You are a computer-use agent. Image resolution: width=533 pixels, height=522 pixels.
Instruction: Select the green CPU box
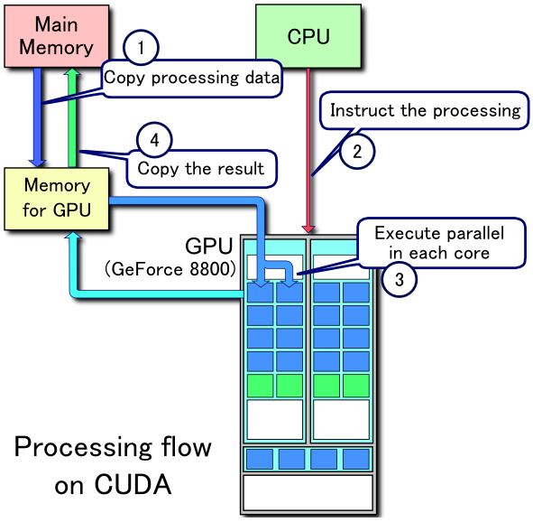[308, 37]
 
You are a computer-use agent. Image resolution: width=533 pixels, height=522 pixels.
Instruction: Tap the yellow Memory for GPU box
[57, 199]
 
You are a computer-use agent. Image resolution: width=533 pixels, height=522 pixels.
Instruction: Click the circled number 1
[141, 47]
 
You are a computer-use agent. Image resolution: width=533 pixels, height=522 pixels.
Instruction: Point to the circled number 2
[357, 151]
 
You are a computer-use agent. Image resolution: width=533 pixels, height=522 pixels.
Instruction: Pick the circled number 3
[398, 280]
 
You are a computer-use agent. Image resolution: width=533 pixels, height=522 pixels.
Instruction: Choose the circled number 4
[152, 140]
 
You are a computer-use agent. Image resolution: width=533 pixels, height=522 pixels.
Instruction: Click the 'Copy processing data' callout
[192, 77]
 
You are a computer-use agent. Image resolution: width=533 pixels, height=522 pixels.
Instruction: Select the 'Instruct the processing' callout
[425, 111]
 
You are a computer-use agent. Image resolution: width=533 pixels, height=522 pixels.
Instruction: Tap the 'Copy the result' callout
[200, 167]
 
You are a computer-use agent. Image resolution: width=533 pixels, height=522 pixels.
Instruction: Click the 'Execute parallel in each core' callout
[438, 243]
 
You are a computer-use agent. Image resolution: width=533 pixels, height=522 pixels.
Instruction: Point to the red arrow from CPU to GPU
[309, 154]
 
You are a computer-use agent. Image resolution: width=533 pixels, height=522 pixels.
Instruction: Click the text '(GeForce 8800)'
[169, 269]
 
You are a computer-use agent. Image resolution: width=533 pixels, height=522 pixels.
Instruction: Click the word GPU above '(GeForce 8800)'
[209, 247]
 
